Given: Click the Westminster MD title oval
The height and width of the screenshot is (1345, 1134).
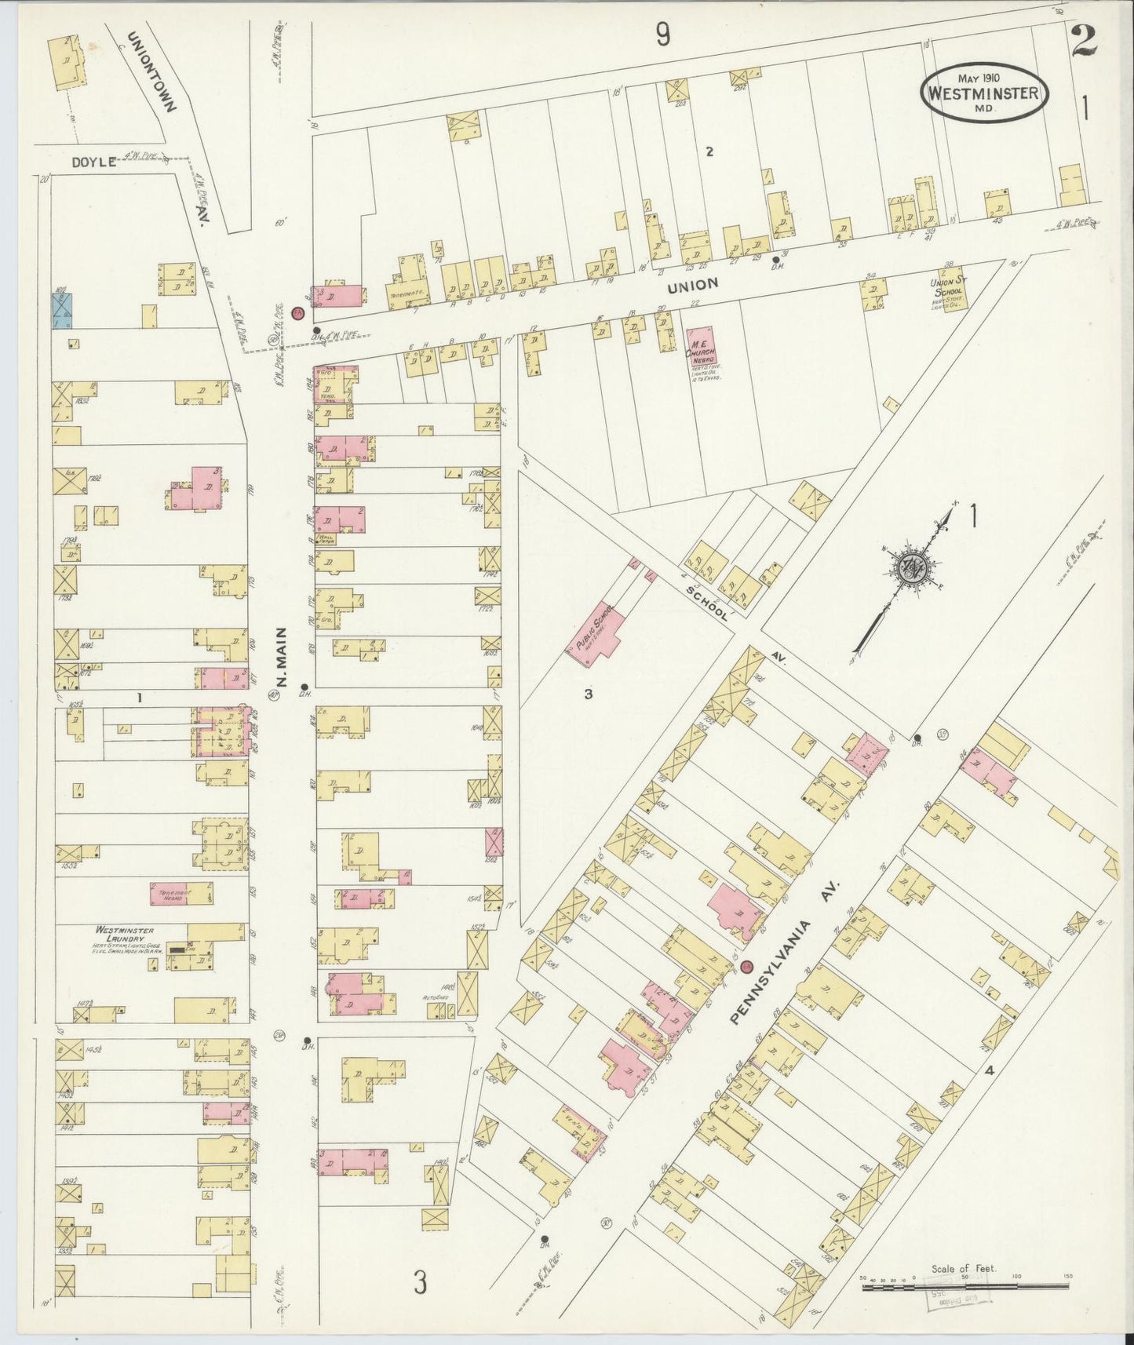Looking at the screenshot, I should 983,93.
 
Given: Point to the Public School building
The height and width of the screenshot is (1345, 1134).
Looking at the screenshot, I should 603,639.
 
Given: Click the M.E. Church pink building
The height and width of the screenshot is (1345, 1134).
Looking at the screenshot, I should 702,348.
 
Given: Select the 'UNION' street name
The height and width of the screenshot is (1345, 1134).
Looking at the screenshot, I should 695,285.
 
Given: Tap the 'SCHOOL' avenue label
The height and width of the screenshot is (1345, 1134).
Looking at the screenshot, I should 706,602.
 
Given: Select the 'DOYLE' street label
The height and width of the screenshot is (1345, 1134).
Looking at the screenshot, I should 93,162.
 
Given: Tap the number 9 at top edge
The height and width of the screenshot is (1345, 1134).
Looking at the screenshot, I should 664,35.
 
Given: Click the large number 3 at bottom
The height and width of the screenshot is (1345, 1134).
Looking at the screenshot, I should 421,1284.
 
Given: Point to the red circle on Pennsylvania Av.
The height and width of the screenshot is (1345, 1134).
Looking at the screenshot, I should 746,966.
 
